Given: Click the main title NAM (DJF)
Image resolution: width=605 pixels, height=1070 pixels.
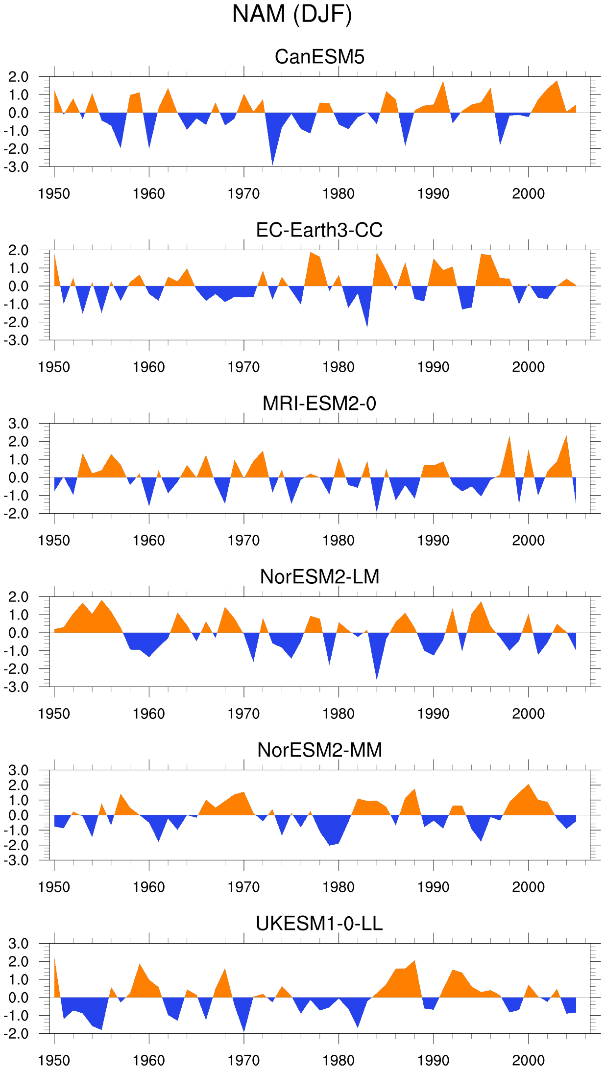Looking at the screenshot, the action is [292, 15].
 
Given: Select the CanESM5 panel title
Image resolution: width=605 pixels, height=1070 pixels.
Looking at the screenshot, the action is [319, 57].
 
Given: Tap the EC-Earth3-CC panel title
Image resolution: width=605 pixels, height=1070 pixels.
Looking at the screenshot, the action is [319, 230].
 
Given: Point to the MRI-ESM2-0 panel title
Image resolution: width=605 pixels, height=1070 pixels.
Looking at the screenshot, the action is [319, 404].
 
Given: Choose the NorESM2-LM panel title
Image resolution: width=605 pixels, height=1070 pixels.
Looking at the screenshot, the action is [319, 577].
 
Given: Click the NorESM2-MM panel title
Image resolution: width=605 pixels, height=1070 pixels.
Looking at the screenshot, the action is [319, 750].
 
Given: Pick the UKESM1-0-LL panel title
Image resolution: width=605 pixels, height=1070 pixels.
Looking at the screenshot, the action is [319, 924].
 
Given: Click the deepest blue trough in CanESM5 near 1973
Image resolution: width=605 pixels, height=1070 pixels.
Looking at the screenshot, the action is [272, 164].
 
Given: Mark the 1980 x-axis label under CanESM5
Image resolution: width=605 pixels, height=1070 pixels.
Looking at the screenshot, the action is [339, 194].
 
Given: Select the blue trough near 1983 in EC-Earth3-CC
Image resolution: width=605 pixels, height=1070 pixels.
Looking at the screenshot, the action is [367, 326].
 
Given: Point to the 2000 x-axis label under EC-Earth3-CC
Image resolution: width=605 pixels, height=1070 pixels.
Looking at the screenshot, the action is [529, 367].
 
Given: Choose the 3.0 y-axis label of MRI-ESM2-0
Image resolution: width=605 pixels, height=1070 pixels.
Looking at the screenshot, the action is [19, 424].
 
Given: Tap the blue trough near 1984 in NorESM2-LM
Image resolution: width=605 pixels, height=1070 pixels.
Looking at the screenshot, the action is [377, 678].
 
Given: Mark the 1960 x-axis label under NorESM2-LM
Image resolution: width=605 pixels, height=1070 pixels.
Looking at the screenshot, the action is [149, 714].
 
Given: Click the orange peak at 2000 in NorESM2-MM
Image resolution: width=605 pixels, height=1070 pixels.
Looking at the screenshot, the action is [529, 785].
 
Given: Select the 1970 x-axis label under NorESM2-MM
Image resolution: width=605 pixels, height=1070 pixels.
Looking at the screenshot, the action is [244, 887].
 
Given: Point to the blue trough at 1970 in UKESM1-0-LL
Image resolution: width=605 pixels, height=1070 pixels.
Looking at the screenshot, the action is [244, 1031].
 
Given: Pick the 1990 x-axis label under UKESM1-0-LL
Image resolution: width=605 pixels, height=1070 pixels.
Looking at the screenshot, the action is [434, 1061].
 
